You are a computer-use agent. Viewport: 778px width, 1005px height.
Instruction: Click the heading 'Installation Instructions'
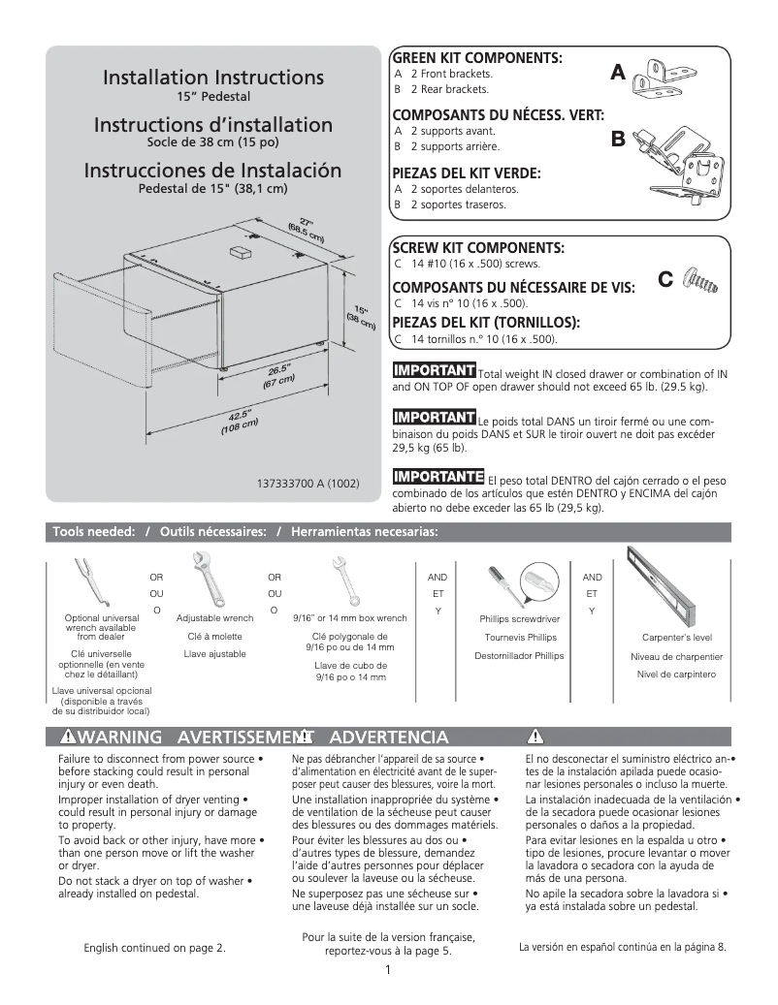212,77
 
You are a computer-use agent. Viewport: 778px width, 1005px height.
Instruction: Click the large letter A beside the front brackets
618,73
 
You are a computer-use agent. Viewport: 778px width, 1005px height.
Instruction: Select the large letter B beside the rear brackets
618,141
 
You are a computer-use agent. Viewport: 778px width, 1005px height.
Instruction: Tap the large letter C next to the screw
665,280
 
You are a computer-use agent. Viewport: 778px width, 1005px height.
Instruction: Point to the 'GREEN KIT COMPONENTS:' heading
477,58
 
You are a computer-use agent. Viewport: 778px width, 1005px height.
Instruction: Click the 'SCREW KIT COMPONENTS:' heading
477,248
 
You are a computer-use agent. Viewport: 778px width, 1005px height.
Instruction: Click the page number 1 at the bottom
388,971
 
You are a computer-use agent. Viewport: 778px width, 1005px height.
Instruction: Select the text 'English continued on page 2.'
155,948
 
